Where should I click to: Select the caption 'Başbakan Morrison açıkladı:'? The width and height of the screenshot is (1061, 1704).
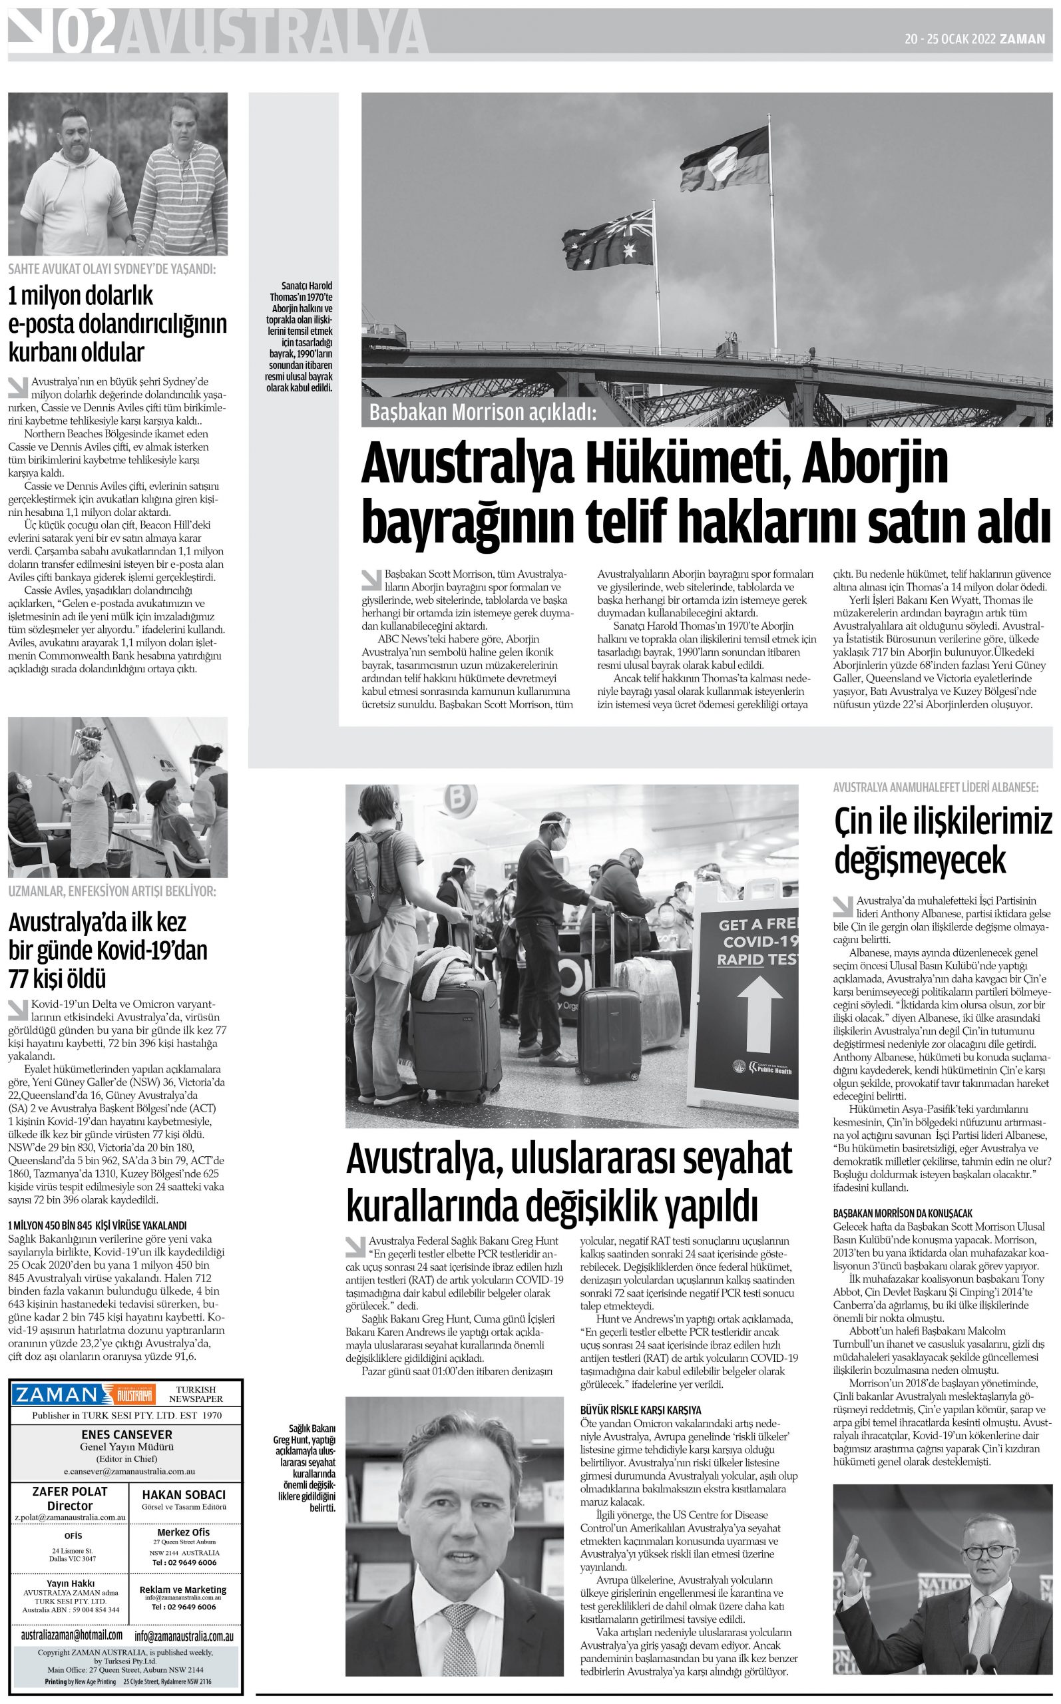[482, 413]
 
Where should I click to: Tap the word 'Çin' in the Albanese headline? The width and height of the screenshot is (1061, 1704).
[853, 821]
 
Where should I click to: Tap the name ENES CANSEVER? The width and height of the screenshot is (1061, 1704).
[126, 1434]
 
